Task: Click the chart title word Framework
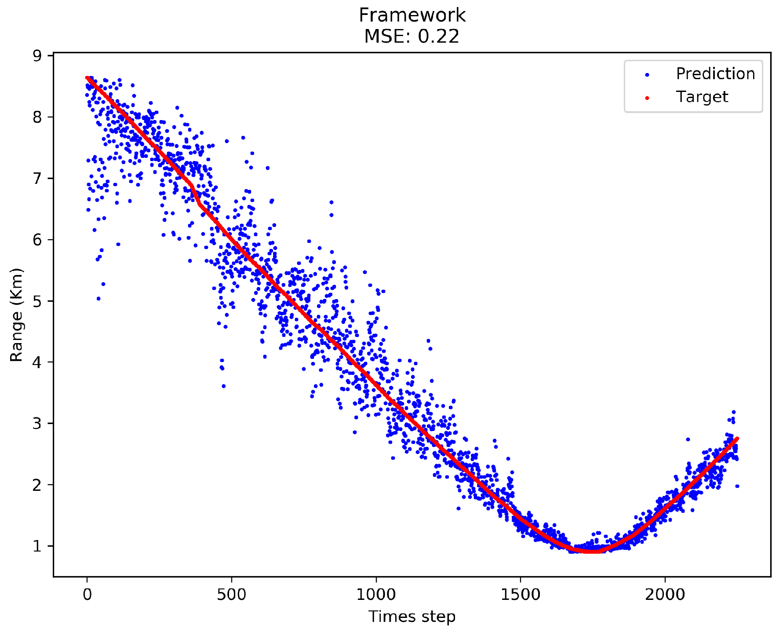click(x=412, y=15)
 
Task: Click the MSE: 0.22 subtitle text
click(x=412, y=37)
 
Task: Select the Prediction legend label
click(x=715, y=74)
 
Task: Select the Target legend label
click(x=702, y=97)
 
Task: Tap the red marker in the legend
click(x=647, y=98)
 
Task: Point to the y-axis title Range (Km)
click(x=17, y=315)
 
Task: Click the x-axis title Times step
click(x=412, y=617)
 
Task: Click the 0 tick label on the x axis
click(x=87, y=595)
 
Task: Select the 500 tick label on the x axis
click(x=231, y=595)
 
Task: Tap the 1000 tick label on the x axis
click(x=376, y=595)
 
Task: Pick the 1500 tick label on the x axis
click(x=521, y=595)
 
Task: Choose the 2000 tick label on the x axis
click(x=665, y=595)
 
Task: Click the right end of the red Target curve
click(x=737, y=438)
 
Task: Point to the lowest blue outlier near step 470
click(x=223, y=386)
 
